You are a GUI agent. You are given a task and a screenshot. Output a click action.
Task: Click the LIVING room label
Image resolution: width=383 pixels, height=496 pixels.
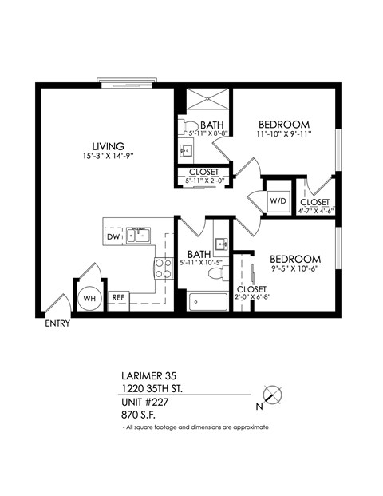(107, 146)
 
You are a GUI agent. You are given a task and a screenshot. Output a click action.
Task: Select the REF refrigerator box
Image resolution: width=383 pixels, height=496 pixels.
(118, 297)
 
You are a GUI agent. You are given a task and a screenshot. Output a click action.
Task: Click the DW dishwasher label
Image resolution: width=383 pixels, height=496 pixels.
(113, 236)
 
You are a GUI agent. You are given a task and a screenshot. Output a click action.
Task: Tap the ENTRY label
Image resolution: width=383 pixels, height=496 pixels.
(57, 323)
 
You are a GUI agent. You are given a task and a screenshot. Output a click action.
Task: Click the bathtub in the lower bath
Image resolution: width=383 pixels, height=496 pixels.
(207, 302)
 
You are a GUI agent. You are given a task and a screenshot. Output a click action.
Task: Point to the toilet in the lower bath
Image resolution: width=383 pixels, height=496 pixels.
(215, 274)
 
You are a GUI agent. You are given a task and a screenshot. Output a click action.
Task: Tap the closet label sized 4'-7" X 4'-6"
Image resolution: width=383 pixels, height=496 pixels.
(314, 212)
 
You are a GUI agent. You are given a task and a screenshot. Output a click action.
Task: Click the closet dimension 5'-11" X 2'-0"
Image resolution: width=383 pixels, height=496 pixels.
(203, 181)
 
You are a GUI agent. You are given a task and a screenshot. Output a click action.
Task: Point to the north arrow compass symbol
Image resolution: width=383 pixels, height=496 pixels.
(274, 394)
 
